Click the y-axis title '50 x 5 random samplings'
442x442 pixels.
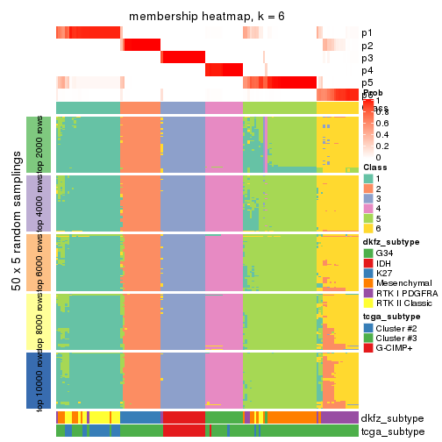coord(17,262)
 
